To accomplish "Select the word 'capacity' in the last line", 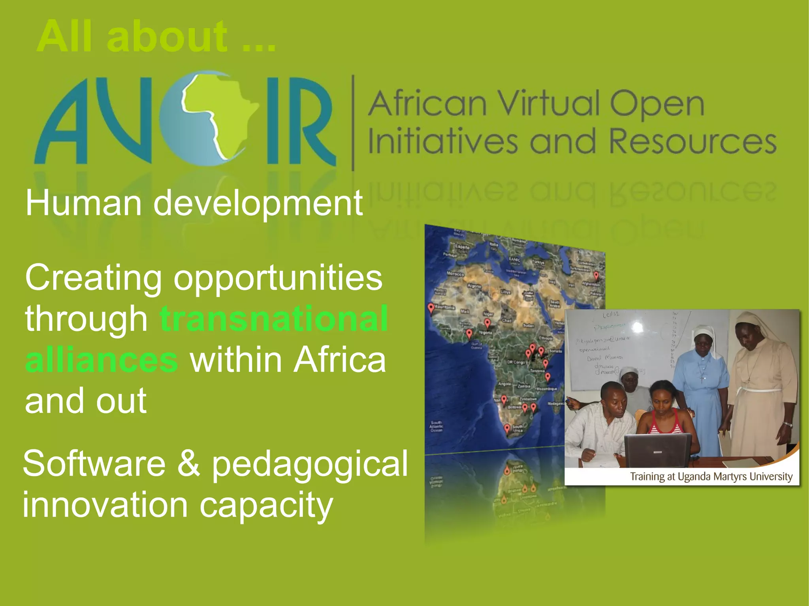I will [266, 505].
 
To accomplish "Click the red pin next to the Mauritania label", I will [431, 308].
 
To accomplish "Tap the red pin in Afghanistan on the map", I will [596, 275].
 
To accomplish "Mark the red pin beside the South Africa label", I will [507, 428].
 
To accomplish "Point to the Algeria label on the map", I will [474, 286].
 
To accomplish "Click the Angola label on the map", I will [504, 384].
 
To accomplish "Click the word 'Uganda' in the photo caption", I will [694, 477].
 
